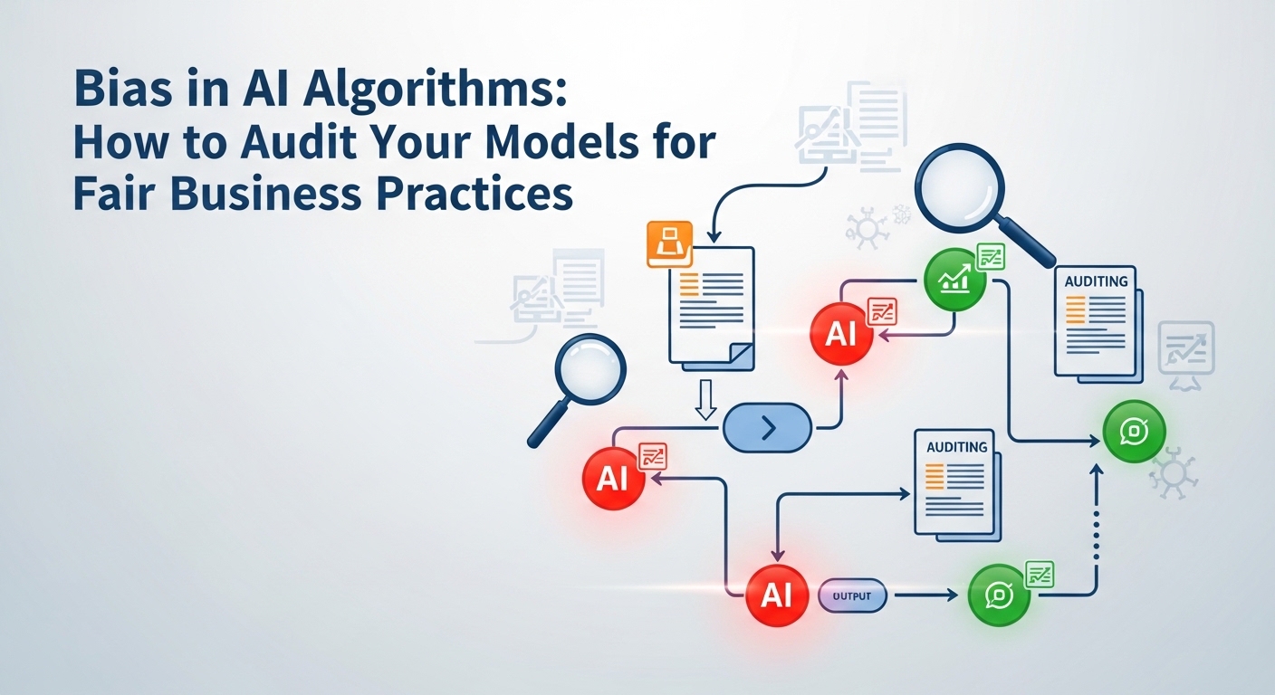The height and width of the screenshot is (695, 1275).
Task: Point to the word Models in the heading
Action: pyautogui.click(x=569, y=145)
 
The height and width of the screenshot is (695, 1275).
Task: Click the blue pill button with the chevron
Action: pyautogui.click(x=767, y=427)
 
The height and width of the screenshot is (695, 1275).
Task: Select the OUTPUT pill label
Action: pyautogui.click(x=851, y=595)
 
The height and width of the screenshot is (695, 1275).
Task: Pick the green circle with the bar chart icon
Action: pyautogui.click(x=954, y=280)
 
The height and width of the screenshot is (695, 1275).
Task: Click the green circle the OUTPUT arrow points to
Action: pyautogui.click(x=999, y=595)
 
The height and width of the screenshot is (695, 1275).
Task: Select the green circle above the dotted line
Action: pyautogui.click(x=1133, y=433)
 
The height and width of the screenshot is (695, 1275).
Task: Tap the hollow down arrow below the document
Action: pyautogui.click(x=705, y=398)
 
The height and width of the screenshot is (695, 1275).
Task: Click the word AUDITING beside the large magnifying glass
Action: pyautogui.click(x=1096, y=281)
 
